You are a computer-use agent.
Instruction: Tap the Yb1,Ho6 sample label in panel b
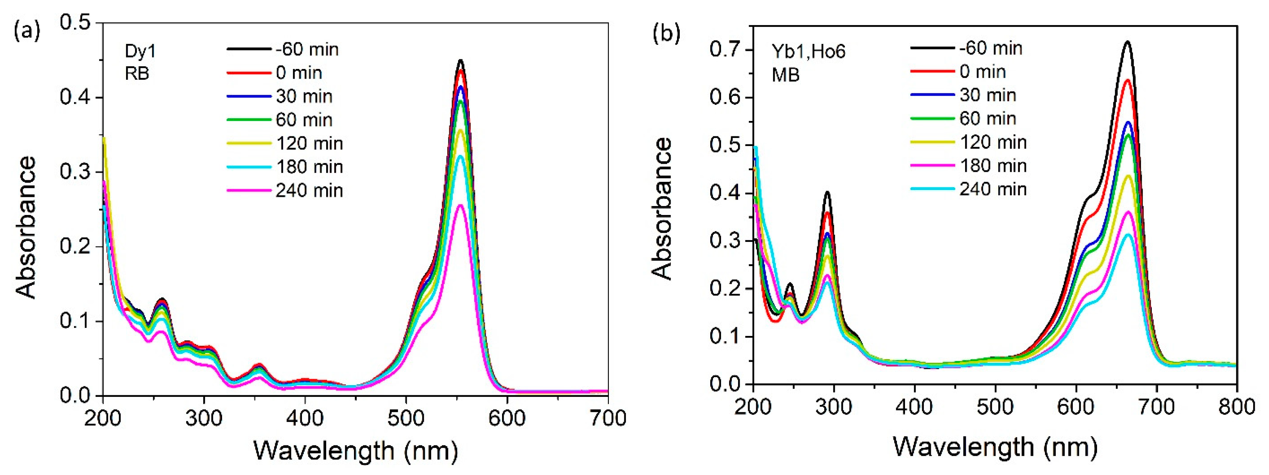[808, 51]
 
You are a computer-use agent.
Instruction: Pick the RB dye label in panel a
[137, 74]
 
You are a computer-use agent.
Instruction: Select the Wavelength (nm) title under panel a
[355, 450]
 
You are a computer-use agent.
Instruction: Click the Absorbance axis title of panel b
[662, 209]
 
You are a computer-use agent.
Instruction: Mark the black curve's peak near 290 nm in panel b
[827, 192]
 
